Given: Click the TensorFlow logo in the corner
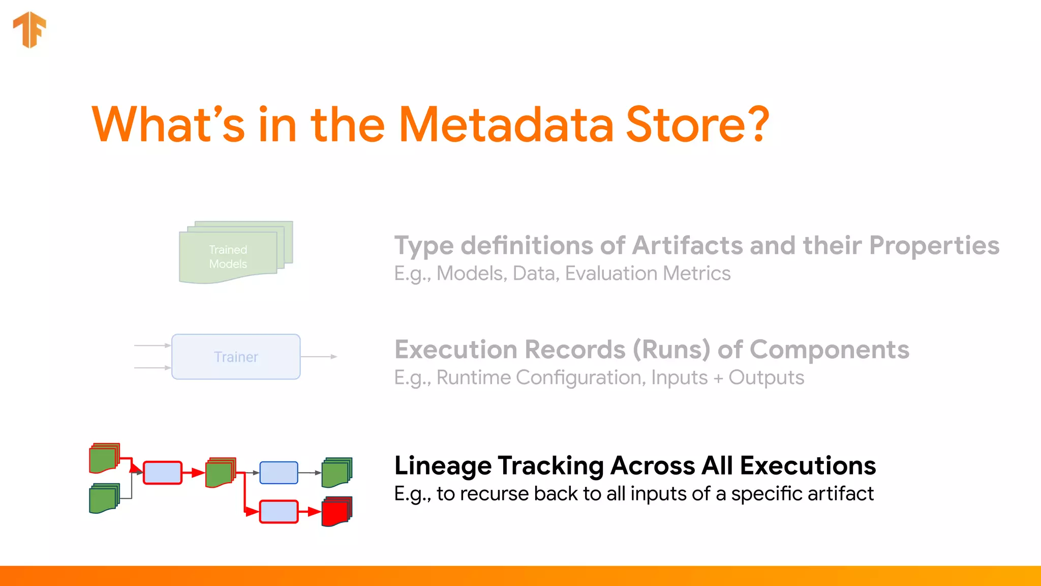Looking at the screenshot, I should [29, 30].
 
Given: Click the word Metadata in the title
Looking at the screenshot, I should [506, 125].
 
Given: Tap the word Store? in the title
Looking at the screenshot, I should [697, 125].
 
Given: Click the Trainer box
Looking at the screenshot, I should [236, 357].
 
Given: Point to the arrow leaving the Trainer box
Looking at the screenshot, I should [319, 357].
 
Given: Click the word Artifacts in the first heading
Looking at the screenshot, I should [687, 246].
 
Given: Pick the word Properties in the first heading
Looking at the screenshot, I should [934, 246].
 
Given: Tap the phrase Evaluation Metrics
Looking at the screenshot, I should [648, 274].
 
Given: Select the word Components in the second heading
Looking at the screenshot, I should [829, 350].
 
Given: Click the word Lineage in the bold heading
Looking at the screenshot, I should [442, 466].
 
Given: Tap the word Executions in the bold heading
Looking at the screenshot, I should [808, 466].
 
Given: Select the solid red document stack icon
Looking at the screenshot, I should [336, 512].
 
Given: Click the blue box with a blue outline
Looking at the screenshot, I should [279, 473].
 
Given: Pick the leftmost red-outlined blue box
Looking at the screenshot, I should [163, 473].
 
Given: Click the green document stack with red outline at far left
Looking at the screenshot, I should [104, 458].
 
